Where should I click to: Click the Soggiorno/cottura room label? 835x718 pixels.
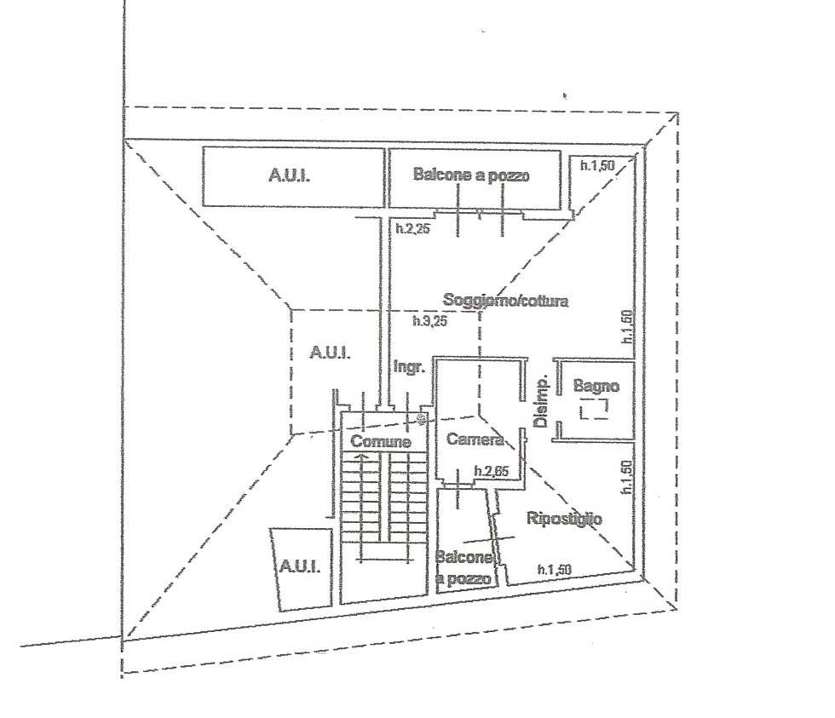505,300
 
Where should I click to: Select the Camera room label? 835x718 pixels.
475,439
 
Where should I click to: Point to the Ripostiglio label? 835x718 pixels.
564,519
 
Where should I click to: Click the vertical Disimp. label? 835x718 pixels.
541,402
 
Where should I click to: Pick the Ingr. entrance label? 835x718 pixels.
409,367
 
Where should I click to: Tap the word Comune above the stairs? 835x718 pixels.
381,441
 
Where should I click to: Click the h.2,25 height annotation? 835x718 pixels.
412,229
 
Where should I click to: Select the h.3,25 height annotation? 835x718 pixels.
429,320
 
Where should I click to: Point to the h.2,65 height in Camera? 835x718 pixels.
492,471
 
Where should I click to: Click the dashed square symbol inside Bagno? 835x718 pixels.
594,410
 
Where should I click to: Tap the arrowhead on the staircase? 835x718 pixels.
361,457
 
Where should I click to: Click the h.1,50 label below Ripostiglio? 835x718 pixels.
555,570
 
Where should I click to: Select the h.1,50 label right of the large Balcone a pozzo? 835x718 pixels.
597,165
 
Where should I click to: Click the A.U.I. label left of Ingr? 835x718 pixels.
331,353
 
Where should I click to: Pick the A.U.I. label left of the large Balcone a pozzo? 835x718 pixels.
289,175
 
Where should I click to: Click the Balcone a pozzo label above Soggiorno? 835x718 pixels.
471,175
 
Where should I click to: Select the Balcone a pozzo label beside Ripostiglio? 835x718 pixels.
464,567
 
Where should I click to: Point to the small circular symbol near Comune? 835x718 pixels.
419,419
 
